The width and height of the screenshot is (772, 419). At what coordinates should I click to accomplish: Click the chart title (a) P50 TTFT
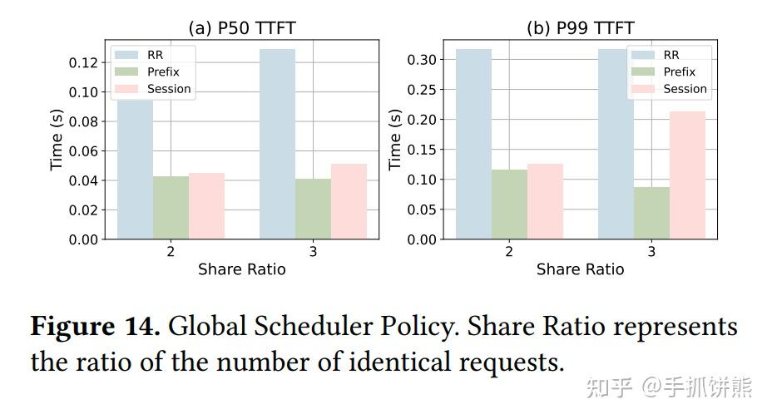coord(241,28)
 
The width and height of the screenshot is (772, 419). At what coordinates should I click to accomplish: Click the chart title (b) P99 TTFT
coord(580,28)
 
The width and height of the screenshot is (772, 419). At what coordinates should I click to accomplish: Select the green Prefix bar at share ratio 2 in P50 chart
coord(171,208)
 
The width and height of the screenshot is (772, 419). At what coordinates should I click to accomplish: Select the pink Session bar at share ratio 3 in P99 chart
coord(687,175)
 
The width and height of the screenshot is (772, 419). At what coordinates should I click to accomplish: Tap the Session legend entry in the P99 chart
coord(685,89)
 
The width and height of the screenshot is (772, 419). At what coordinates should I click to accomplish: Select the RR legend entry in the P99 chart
coord(671,55)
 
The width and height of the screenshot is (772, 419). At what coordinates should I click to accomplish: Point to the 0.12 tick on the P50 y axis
coord(87,62)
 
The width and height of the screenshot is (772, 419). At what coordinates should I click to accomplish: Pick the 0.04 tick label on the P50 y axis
coord(87,180)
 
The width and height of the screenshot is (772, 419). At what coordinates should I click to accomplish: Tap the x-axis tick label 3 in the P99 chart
coord(651,252)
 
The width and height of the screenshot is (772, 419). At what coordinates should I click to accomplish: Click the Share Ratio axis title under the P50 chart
coord(241,269)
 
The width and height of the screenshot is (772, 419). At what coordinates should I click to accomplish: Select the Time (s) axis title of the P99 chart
coord(396,140)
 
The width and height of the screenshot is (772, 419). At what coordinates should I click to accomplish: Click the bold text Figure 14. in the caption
coord(95,327)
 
